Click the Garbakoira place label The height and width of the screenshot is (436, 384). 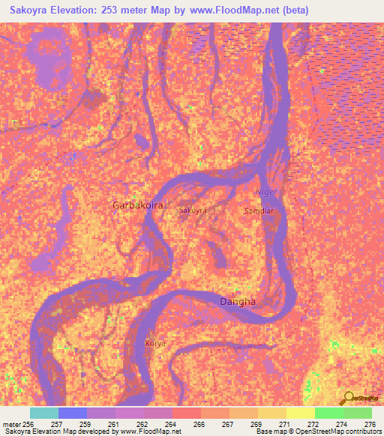click(x=137, y=205)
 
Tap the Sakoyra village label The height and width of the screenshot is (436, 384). click(x=193, y=211)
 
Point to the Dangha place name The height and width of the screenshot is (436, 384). click(x=237, y=302)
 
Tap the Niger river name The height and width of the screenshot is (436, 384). click(x=266, y=193)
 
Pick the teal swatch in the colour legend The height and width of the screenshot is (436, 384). click(x=44, y=413)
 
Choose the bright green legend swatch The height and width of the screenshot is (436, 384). click(x=328, y=413)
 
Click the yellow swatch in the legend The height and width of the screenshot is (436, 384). click(x=300, y=413)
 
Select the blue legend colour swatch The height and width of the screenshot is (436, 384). click(x=73, y=413)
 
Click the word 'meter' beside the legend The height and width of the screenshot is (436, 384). click(x=12, y=423)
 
